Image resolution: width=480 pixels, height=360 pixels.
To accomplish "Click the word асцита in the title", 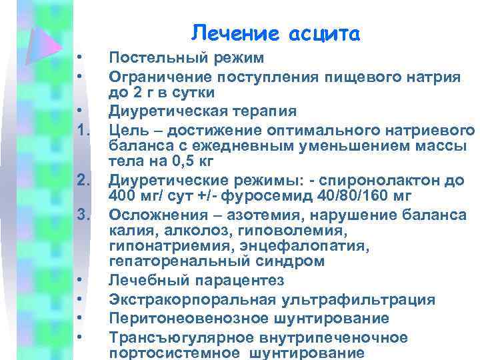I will pos(324,32).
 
